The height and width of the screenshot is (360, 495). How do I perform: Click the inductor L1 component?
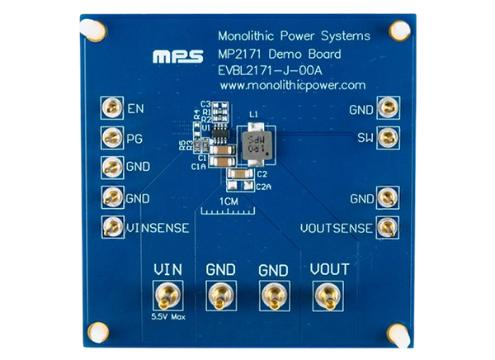click(x=255, y=144)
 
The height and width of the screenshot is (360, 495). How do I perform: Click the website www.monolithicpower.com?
click(x=293, y=85)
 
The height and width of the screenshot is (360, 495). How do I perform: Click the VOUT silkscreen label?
click(x=329, y=270)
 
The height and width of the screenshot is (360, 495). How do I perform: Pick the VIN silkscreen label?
click(x=167, y=270)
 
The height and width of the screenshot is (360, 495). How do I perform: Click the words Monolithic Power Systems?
click(x=293, y=37)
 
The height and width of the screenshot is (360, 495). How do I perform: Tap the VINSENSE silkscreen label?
click(x=158, y=226)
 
